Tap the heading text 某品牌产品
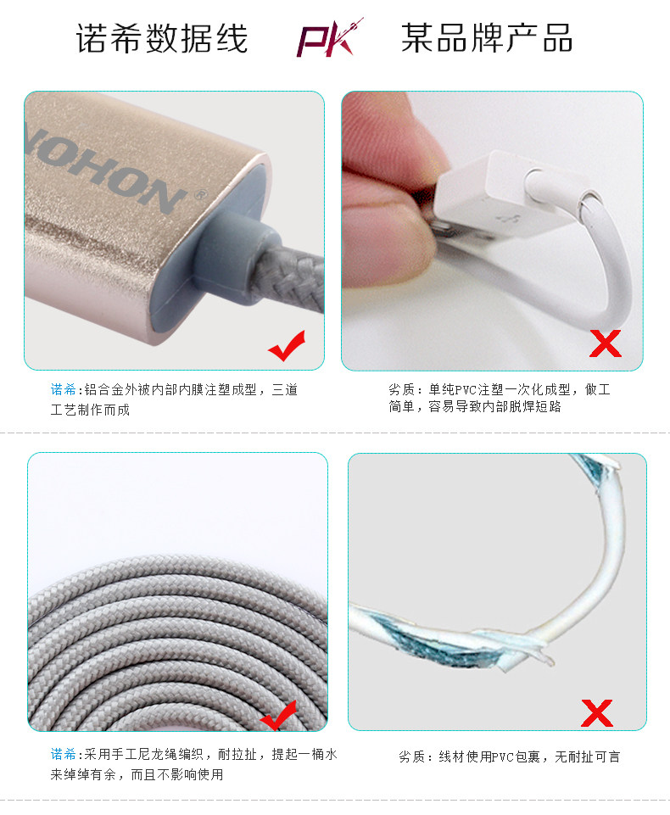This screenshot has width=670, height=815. [x=487, y=39]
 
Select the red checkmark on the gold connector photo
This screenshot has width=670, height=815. [x=286, y=346]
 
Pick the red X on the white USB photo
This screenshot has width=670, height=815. [x=606, y=343]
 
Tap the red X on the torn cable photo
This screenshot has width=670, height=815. [x=598, y=712]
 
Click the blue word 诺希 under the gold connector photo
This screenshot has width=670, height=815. [x=64, y=390]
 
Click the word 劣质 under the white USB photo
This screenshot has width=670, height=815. [x=400, y=390]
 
